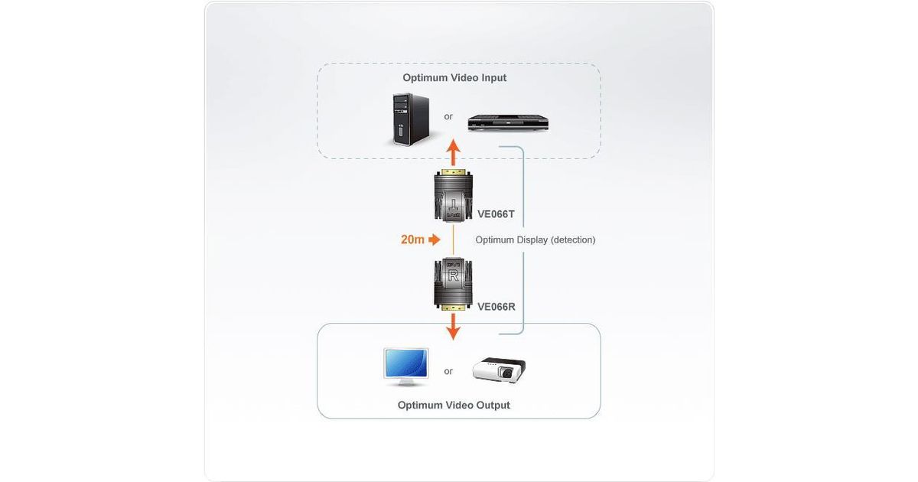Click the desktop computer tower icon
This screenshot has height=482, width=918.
coord(409,119)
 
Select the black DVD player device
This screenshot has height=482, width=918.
coord(509,122)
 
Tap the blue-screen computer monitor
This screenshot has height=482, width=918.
coord(405,366)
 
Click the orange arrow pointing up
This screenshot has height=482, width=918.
coord(453,152)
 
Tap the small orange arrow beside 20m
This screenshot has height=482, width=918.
coord(435,240)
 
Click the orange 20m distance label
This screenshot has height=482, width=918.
coord(412,240)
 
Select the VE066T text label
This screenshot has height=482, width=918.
coord(496,214)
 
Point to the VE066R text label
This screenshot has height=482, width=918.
coord(496,307)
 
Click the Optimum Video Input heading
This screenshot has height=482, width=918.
coord(454,77)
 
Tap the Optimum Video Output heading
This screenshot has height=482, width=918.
coord(454,405)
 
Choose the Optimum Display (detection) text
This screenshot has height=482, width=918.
coord(535,240)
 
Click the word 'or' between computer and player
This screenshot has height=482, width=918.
coord(448,117)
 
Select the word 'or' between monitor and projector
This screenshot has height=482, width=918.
coord(448,371)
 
